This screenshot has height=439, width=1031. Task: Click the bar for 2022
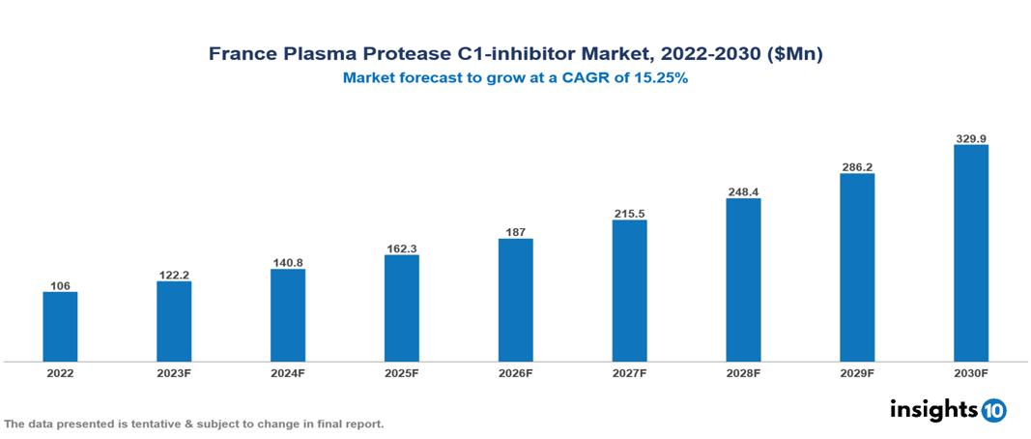pos(60,327)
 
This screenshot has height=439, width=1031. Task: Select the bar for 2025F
pos(401,307)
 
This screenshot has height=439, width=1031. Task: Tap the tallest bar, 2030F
pos(970,253)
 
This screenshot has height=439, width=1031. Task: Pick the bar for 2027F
pos(629,290)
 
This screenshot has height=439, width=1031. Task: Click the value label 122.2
pos(174,275)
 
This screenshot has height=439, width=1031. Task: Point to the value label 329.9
pos(970,138)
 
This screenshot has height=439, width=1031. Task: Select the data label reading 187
pos(515,232)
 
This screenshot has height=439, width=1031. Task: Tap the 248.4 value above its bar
pos(743,192)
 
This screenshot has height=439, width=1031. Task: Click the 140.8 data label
pos(288,262)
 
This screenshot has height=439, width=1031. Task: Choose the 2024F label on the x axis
pos(288,373)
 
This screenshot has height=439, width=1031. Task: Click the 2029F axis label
pos(857,373)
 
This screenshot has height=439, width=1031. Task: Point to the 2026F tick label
pos(515,373)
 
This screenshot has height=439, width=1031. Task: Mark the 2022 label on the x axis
pos(60,373)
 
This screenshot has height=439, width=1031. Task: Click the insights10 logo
pos(947,409)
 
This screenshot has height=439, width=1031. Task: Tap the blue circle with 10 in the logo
pos(993,410)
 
